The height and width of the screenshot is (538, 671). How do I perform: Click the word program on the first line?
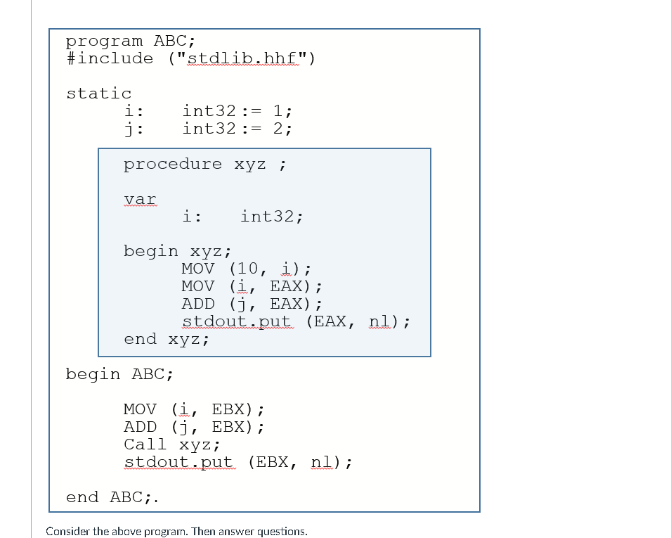(x=104, y=41)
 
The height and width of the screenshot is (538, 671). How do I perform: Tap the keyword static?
(x=99, y=94)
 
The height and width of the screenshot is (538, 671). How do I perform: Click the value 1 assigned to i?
(x=278, y=111)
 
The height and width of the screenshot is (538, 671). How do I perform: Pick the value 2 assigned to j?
(x=278, y=129)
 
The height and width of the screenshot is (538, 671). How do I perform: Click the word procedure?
(x=173, y=165)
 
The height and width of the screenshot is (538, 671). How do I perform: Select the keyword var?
(x=140, y=199)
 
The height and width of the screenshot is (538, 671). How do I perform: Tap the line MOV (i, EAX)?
(x=252, y=286)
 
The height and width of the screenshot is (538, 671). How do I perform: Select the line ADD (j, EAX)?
(x=252, y=304)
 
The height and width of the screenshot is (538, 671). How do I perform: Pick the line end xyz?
(x=167, y=339)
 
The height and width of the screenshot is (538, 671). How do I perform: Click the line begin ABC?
(x=119, y=374)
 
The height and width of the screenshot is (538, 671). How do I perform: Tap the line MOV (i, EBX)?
(x=194, y=409)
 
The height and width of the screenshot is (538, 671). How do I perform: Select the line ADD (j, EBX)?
(x=194, y=427)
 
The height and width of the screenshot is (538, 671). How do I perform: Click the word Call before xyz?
(x=145, y=444)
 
